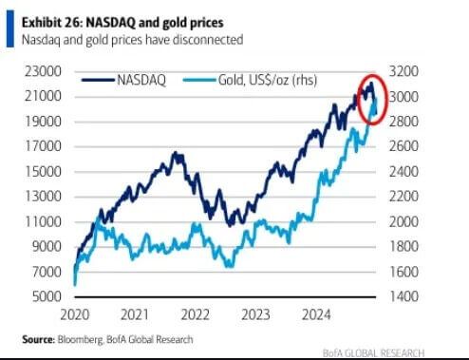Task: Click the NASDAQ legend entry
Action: click(142, 81)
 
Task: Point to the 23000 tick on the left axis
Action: click(43, 71)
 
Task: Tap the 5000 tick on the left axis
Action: click(46, 296)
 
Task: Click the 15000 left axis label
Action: click(43, 172)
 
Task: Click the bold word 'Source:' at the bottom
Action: click(38, 339)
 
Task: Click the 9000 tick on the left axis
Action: click(46, 247)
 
